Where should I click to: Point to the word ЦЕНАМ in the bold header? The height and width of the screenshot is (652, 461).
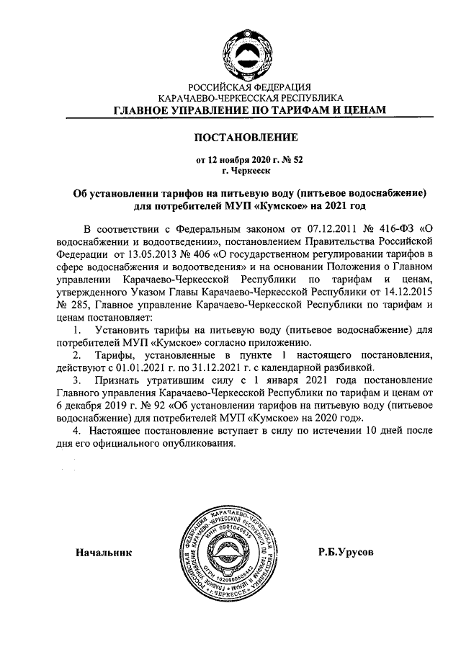click(x=363, y=110)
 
